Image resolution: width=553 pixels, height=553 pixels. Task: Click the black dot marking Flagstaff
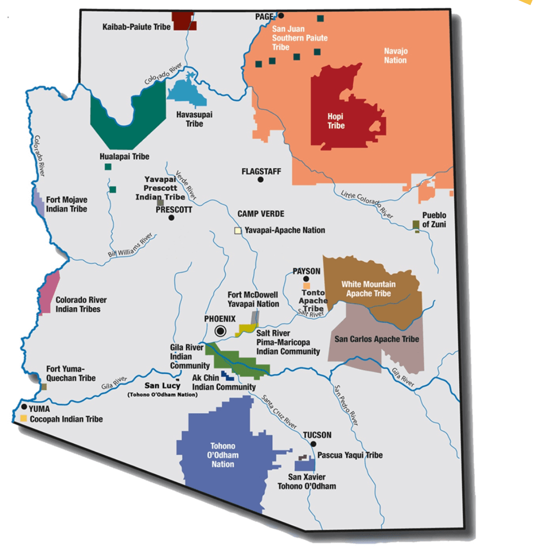261,180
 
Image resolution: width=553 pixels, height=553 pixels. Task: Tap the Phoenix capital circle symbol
221,331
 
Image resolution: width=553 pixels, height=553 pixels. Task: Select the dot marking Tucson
314,444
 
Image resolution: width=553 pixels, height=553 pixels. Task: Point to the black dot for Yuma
24,407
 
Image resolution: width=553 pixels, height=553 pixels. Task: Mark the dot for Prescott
172,218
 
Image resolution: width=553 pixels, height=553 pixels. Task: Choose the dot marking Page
281,16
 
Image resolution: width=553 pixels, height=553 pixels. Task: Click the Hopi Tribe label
336,121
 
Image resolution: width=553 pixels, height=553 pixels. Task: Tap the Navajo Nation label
395,55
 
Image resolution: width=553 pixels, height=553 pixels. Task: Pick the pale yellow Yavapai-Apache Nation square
238,231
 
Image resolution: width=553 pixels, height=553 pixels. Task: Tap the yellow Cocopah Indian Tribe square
24,419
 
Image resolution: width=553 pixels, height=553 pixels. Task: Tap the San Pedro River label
346,405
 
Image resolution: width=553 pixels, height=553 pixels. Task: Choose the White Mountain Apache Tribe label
368,289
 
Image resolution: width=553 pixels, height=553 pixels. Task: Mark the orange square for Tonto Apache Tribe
307,285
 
